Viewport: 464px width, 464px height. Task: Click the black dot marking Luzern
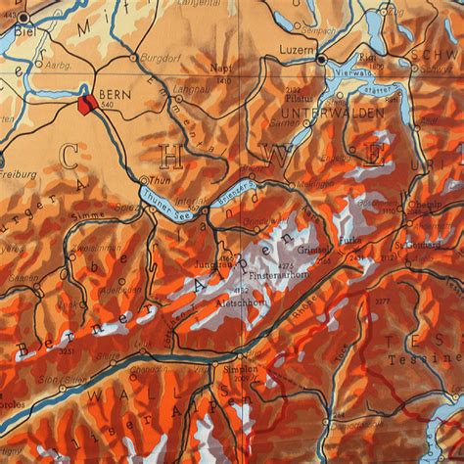click(321, 60)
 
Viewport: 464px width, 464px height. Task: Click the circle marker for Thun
click(144, 180)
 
